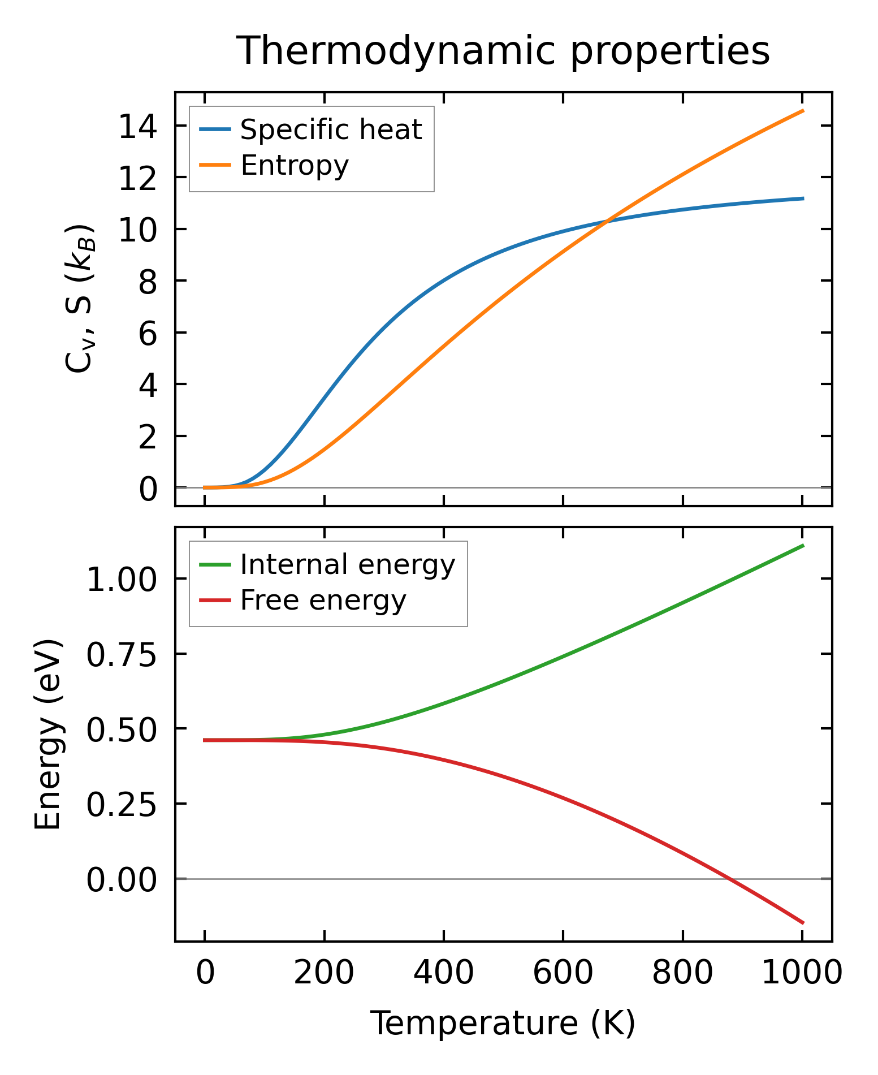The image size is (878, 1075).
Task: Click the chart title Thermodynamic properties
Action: coord(503,51)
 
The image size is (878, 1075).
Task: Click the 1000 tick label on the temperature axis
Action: coord(802,974)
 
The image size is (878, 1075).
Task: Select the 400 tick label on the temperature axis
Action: coord(443,974)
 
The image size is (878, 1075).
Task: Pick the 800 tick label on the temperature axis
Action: coord(682,974)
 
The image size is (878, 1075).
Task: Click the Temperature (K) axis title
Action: coord(503,1024)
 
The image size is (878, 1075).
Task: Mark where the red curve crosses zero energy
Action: coord(729,879)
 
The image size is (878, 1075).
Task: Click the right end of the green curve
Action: coord(803,545)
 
